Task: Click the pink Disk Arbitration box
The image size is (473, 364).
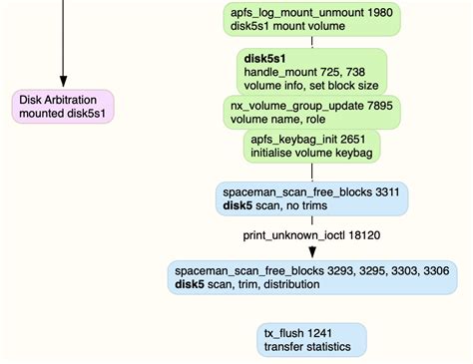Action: click(64, 106)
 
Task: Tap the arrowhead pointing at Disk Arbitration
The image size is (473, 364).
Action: click(64, 80)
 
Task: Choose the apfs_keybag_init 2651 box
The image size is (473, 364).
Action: click(311, 148)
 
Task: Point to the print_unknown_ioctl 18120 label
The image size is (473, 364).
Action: click(312, 235)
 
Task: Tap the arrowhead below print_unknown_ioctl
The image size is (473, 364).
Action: click(311, 251)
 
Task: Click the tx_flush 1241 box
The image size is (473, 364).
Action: click(311, 339)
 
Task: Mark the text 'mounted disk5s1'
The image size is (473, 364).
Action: click(64, 113)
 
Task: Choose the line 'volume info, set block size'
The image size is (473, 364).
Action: click(311, 86)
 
